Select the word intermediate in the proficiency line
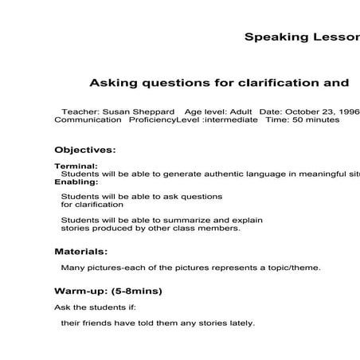click(230, 119)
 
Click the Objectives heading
click(84, 149)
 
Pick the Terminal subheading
click(76, 166)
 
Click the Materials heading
click(82, 251)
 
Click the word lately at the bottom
click(241, 323)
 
